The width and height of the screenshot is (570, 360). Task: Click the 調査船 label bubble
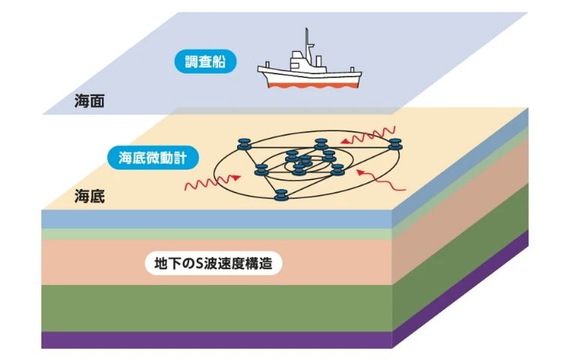pos(205,61)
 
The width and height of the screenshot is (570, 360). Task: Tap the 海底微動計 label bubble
pos(153,157)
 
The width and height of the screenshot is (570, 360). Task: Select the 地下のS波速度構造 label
pos(214,263)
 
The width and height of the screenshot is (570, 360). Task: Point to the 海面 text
pos(89,101)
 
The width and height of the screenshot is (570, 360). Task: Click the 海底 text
pos(89,196)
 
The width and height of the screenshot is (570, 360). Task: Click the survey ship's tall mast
pos(307,46)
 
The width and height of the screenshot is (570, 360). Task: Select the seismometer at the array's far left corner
pos(244,144)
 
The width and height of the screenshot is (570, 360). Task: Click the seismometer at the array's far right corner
pos(394,144)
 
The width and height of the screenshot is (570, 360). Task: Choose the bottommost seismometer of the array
pos(281,195)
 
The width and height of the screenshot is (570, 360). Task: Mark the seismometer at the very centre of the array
pos(305,160)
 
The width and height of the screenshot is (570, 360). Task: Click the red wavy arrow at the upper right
pos(368,136)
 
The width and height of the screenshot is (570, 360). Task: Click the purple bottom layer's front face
pos(217,340)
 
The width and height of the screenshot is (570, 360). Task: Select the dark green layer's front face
pos(217,308)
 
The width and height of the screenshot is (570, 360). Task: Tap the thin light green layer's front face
pos(217,234)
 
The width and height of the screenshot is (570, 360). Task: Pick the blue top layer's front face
pos(217,219)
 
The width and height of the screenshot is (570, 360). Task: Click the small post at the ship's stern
pos(352,70)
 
